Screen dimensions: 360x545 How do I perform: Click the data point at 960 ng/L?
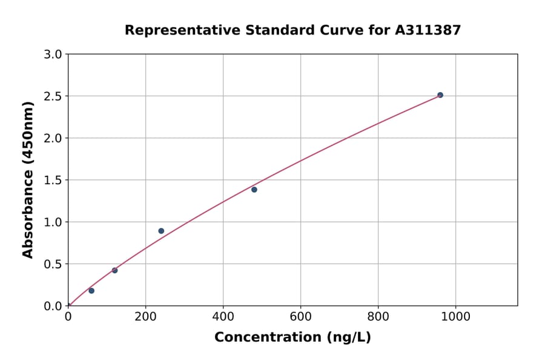point(440,95)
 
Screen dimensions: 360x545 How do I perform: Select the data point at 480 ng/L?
point(254,190)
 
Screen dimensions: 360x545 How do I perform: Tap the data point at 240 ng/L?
point(161,231)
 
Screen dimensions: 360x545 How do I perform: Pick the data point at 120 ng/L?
point(114,270)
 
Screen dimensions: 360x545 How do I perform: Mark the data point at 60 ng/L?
point(91,291)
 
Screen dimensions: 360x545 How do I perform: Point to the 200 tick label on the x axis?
point(145,316)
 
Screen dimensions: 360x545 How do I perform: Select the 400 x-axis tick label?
point(223,316)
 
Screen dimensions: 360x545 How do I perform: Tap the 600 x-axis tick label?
point(300,316)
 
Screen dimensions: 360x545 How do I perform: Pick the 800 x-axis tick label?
point(378,316)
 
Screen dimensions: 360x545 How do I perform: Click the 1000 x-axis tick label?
point(455,316)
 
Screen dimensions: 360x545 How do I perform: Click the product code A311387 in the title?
point(428,30)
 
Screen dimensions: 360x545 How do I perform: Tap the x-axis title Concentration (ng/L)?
point(292,338)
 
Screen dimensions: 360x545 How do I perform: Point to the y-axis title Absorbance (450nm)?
point(28,179)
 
